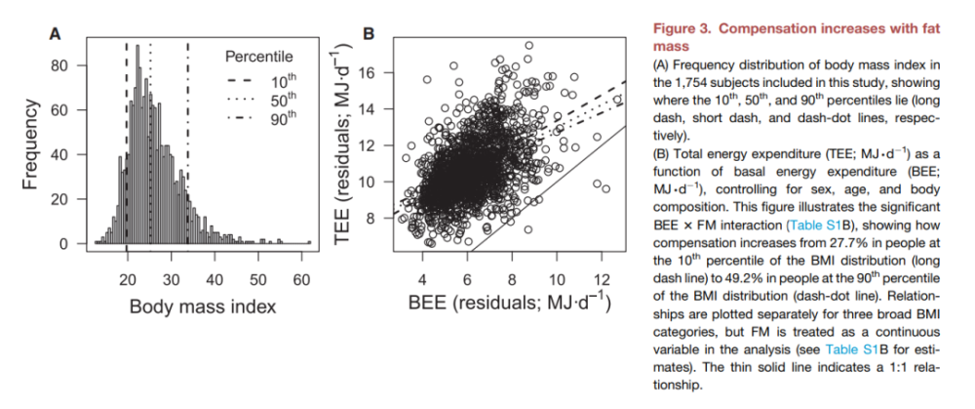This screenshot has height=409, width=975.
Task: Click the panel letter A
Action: (x=56, y=33)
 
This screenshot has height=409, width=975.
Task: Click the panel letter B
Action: (x=370, y=33)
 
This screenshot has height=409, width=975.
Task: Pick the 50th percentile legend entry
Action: (x=274, y=99)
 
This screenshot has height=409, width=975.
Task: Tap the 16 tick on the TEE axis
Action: (x=366, y=73)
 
